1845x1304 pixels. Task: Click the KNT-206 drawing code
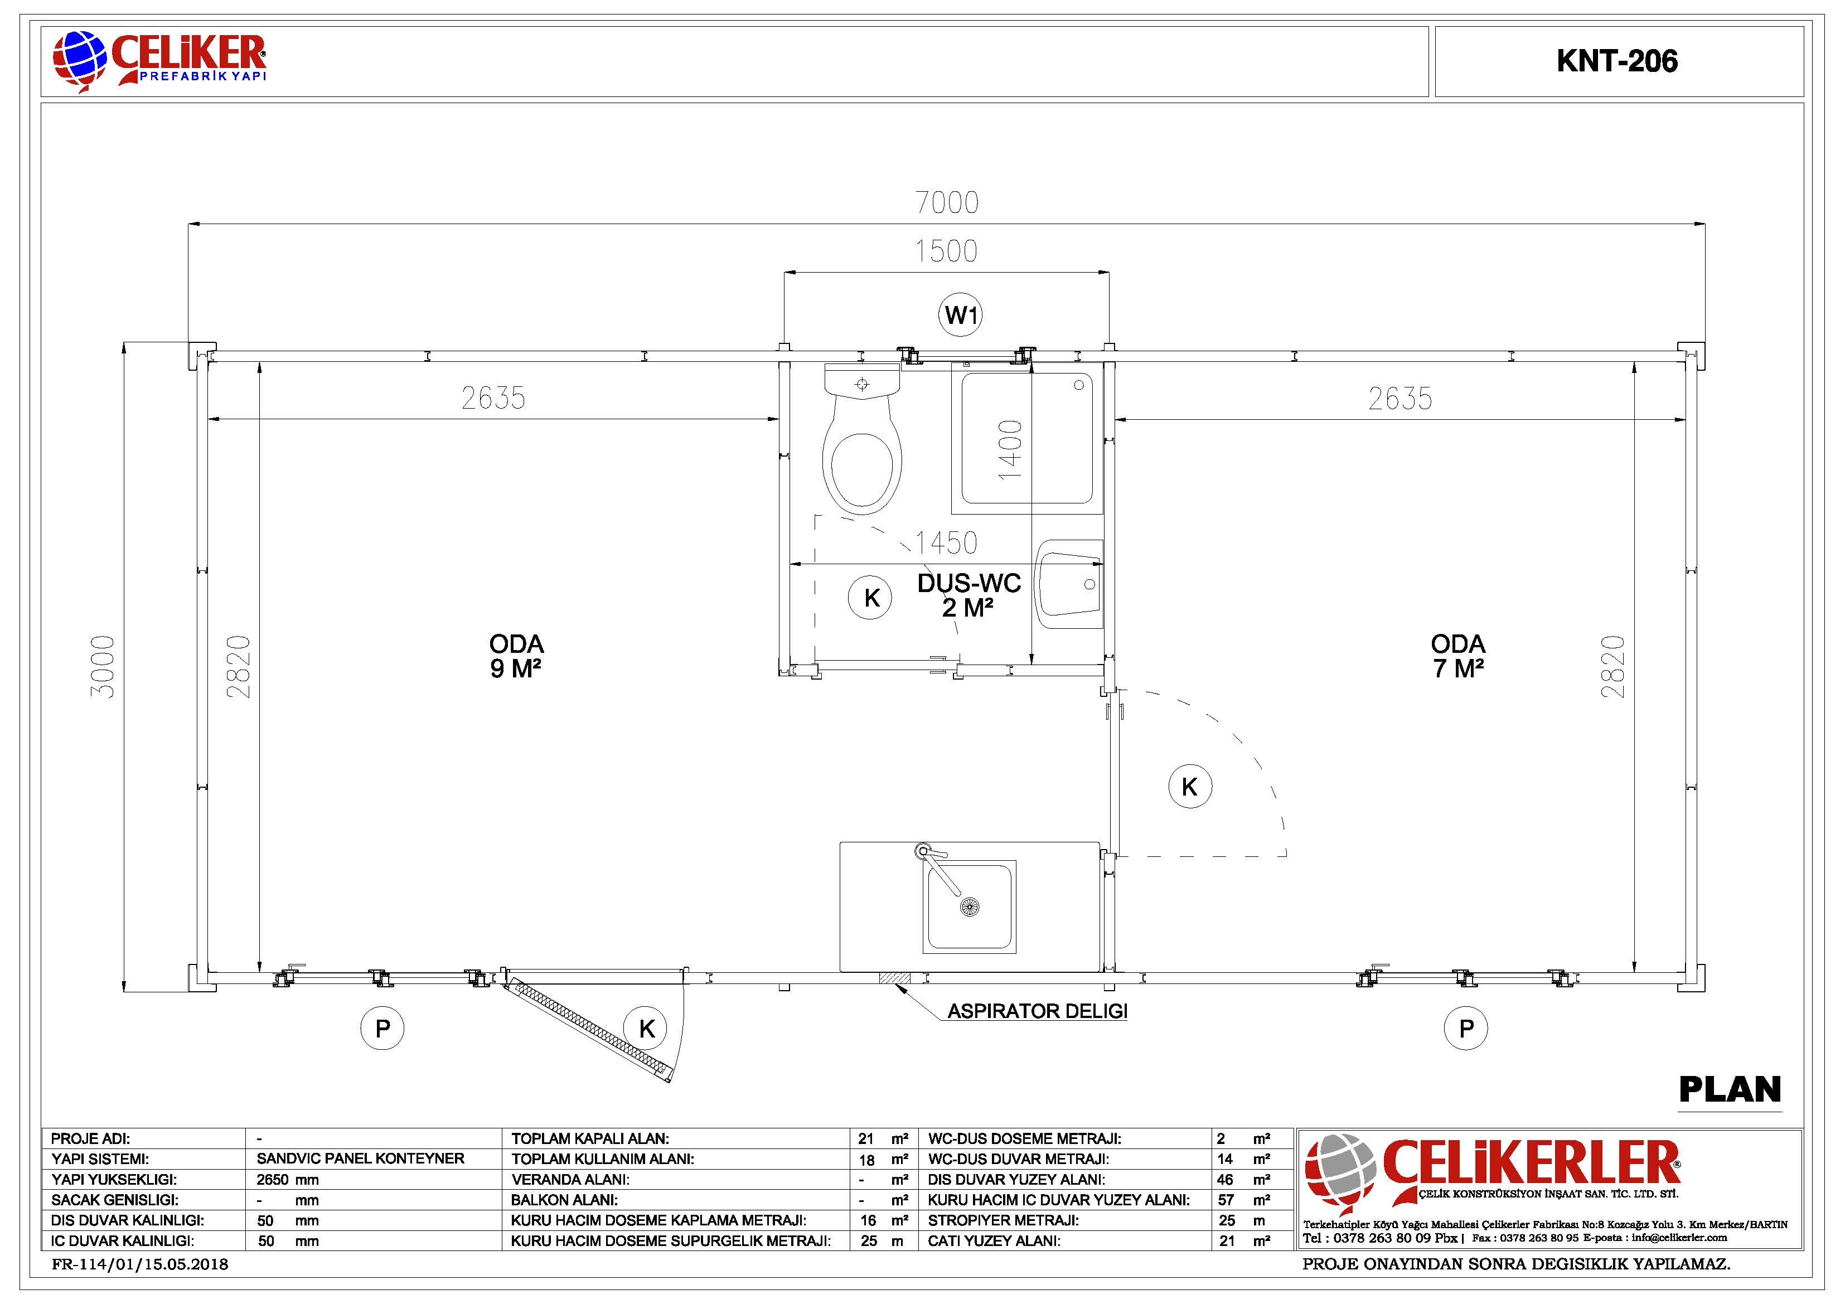click(x=1617, y=61)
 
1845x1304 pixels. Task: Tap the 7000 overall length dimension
click(x=947, y=202)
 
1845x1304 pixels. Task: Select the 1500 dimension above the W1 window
click(x=947, y=251)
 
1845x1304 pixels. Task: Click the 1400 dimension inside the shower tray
click(x=1010, y=450)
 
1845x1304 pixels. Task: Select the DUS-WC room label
click(x=969, y=595)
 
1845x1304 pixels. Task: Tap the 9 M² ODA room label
click(x=516, y=656)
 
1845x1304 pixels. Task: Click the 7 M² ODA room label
click(x=1457, y=656)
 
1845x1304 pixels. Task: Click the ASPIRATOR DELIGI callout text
click(x=1038, y=1011)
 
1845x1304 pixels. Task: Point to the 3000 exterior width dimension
click(x=103, y=666)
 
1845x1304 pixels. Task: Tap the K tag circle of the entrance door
click(x=647, y=1029)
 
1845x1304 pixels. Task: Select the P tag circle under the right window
click(x=1466, y=1029)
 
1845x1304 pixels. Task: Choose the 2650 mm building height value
click(x=288, y=1180)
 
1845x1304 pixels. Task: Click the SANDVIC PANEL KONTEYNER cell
click(x=360, y=1158)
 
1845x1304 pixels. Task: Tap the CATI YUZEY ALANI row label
click(x=994, y=1242)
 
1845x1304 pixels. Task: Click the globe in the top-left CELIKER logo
click(x=80, y=58)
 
